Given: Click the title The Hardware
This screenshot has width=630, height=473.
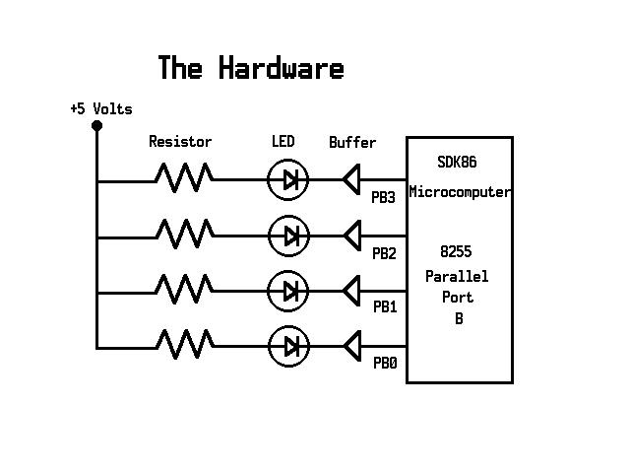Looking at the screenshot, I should [250, 68].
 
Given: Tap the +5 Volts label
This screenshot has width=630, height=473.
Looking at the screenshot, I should [100, 109].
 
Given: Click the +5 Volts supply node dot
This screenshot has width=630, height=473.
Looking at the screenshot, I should [96, 126].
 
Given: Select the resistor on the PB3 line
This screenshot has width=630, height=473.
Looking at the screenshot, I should [183, 179].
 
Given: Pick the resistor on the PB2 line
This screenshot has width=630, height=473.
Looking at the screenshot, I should [183, 235].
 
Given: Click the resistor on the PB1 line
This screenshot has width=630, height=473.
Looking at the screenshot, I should [183, 291].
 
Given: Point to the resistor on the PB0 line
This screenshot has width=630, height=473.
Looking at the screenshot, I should [183, 346].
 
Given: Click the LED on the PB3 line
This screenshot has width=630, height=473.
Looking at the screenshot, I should [288, 179].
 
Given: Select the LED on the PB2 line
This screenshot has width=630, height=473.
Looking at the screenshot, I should [288, 236].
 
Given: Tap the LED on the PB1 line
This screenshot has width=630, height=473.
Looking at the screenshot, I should [288, 291].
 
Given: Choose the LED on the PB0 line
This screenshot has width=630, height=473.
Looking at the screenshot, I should [288, 346].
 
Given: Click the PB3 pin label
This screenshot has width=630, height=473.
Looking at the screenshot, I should [384, 197].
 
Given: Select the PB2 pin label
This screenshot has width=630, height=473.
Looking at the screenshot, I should [384, 253].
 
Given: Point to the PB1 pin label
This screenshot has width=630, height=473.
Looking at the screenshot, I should [384, 307].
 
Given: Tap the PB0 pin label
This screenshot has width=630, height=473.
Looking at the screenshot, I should [384, 364].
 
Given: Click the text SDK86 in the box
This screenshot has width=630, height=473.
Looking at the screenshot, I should [457, 163].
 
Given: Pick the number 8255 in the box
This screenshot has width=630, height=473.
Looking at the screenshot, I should [457, 251].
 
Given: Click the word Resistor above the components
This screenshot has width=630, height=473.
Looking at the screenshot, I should [180, 142].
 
